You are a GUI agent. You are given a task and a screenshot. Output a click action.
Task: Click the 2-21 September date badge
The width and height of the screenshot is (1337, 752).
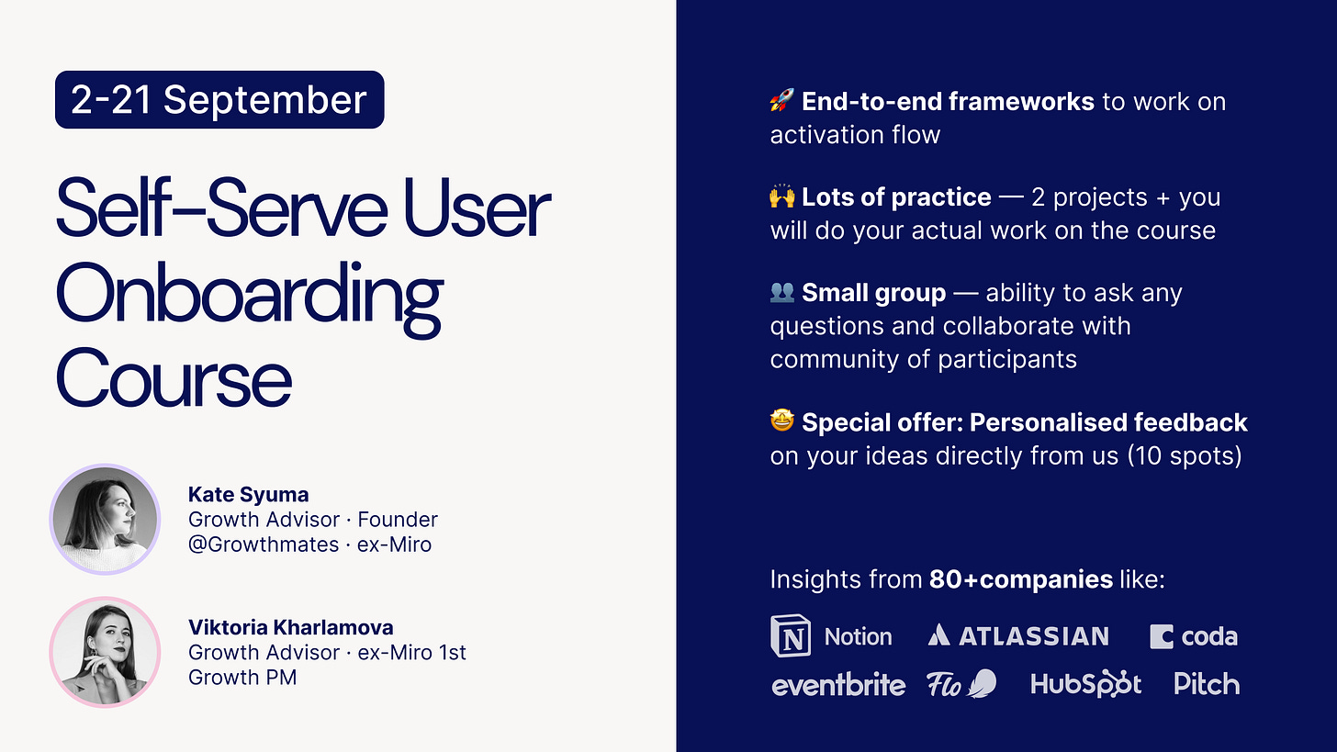[x=219, y=100]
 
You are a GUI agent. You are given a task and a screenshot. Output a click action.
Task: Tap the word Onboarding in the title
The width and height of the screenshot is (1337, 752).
[x=249, y=298]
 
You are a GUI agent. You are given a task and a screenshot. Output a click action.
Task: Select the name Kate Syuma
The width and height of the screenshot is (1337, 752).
[x=248, y=494]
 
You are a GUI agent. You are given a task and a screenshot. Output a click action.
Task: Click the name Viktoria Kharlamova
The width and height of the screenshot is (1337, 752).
[x=291, y=627]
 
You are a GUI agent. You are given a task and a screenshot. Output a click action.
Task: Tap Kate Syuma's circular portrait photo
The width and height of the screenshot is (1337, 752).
[x=105, y=520]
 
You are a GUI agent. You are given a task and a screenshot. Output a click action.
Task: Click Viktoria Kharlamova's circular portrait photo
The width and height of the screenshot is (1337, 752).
[x=105, y=652]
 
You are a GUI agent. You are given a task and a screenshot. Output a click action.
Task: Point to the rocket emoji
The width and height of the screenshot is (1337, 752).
[x=782, y=100]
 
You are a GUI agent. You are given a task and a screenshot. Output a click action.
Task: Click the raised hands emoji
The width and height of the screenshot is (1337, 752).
[x=782, y=196]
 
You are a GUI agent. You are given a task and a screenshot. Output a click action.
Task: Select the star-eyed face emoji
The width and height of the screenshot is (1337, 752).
[x=782, y=421]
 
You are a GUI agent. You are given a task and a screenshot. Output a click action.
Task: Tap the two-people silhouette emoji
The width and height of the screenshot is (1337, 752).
[x=782, y=292]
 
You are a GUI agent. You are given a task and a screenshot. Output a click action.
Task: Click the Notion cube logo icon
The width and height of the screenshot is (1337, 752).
[x=791, y=635]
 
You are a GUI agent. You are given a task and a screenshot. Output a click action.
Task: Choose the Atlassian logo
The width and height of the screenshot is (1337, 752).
[x=1018, y=635]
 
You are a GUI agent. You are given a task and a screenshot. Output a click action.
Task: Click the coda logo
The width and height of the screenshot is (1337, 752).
[x=1193, y=636]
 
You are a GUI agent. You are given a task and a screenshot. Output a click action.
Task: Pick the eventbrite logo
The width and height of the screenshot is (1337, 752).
[x=838, y=685]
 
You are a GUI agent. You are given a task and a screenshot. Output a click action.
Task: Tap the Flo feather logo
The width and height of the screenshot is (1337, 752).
[x=961, y=684]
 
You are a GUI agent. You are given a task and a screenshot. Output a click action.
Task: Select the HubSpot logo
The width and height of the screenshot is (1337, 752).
[x=1085, y=684]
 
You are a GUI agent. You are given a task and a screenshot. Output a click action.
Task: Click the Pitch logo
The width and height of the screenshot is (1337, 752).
[x=1207, y=684]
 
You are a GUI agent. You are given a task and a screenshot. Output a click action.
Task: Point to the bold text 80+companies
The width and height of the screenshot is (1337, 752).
[x=1021, y=579]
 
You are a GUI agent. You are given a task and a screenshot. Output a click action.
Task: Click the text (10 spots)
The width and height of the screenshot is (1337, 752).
[x=1185, y=456]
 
